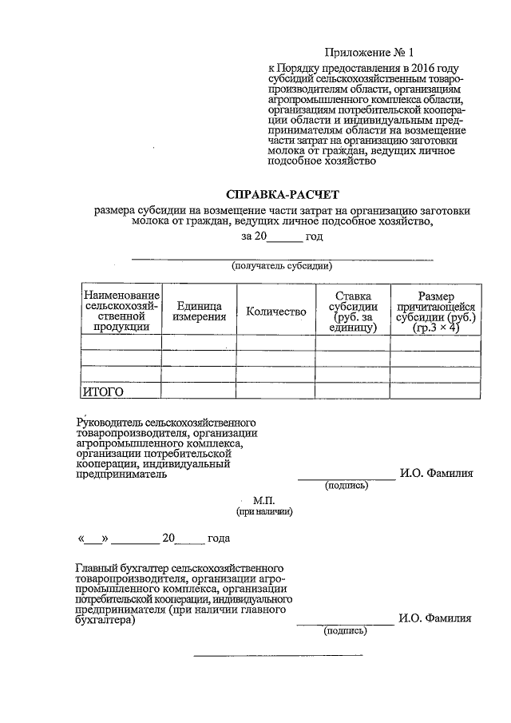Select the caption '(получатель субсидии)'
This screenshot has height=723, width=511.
pos(282,265)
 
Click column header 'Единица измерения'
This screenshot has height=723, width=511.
pos(199,312)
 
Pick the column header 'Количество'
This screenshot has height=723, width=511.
pos(276,312)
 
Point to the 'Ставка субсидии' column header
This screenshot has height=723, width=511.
pos(352,312)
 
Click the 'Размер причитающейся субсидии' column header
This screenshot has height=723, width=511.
pos(435,312)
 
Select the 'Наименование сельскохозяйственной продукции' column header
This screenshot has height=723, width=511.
pos(121,312)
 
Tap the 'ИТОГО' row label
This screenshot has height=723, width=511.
pos(103,391)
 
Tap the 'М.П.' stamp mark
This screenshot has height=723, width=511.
pos(263,500)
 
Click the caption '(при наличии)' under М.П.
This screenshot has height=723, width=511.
pos(263,511)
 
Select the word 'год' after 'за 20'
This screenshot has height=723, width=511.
pos(314,237)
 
